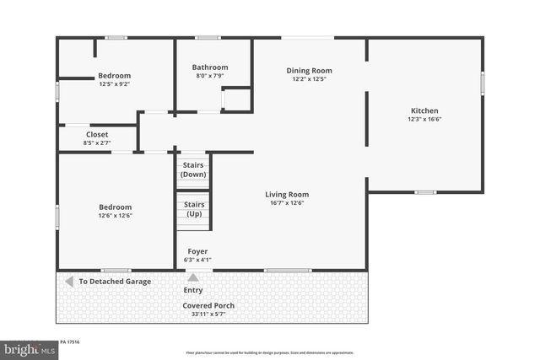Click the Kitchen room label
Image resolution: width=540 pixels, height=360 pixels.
coord(424,110)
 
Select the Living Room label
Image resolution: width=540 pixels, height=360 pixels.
coord(287,194)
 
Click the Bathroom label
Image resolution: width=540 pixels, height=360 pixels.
coord(209,67)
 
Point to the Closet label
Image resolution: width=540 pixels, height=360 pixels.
coord(97,134)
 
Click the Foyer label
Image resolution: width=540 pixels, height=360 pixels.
coord(197,250)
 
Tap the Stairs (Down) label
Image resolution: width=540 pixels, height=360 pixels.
coord(194,169)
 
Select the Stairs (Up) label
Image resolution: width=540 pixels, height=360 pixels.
coord(194,209)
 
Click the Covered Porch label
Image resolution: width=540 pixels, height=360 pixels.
coord(208,305)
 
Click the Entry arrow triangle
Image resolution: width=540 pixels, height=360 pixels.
coord(193,277)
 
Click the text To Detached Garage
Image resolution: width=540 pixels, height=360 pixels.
coord(115,282)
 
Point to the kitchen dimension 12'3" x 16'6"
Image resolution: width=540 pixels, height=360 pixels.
coord(424,120)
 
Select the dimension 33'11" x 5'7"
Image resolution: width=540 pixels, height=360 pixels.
coord(208,314)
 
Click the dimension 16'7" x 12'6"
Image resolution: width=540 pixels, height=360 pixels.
coord(287,203)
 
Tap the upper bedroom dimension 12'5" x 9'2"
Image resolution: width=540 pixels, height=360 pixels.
coord(115,84)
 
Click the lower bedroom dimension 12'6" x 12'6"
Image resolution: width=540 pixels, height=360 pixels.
coord(116,216)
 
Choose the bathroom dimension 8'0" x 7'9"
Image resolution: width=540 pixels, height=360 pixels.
coord(209,77)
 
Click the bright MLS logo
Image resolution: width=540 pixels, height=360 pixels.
coord(27,349)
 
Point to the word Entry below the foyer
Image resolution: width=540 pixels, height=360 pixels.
coord(193,290)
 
